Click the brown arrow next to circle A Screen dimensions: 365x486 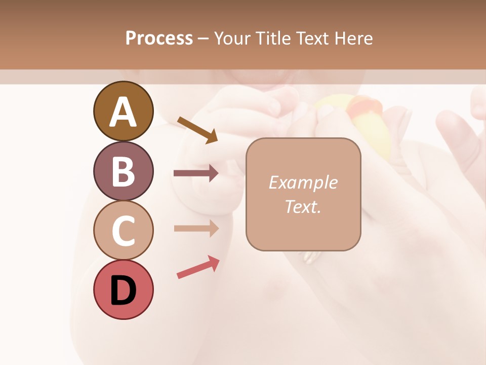[x=197, y=129]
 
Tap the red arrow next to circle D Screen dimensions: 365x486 [x=198, y=267]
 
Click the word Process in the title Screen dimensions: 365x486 [x=159, y=39]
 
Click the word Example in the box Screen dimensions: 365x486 [x=303, y=182]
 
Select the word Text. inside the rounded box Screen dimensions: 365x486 [x=303, y=206]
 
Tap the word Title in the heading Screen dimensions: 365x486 [x=272, y=39]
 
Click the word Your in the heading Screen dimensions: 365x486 [x=232, y=39]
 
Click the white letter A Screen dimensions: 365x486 [x=123, y=113]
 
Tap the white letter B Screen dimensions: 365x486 [x=123, y=172]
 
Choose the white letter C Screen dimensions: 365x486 [x=123, y=231]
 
